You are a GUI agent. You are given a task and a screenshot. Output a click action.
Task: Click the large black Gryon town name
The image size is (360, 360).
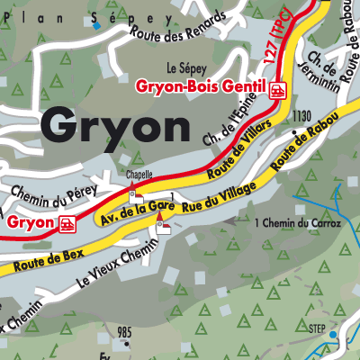pos(114,127)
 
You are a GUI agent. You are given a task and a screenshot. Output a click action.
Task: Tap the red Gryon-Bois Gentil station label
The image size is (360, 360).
pos(201,88)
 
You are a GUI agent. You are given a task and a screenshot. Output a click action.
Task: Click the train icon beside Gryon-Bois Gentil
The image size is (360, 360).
pos(278,88)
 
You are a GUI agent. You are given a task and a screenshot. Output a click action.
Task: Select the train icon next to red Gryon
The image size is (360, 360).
pos(66,224)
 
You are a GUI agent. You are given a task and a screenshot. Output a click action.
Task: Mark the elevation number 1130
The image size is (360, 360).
pos(301,116)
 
